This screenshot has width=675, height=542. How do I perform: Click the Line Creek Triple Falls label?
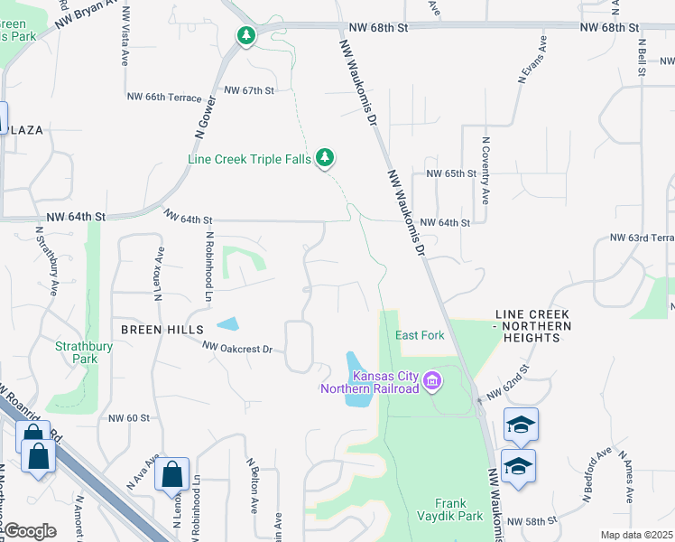(x=249, y=159)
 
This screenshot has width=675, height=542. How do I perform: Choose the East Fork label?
(x=420, y=335)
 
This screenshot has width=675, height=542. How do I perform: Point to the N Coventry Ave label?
(x=485, y=171)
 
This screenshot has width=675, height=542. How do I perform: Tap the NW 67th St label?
(x=248, y=90)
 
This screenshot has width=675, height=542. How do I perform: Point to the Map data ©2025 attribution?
(x=636, y=535)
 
